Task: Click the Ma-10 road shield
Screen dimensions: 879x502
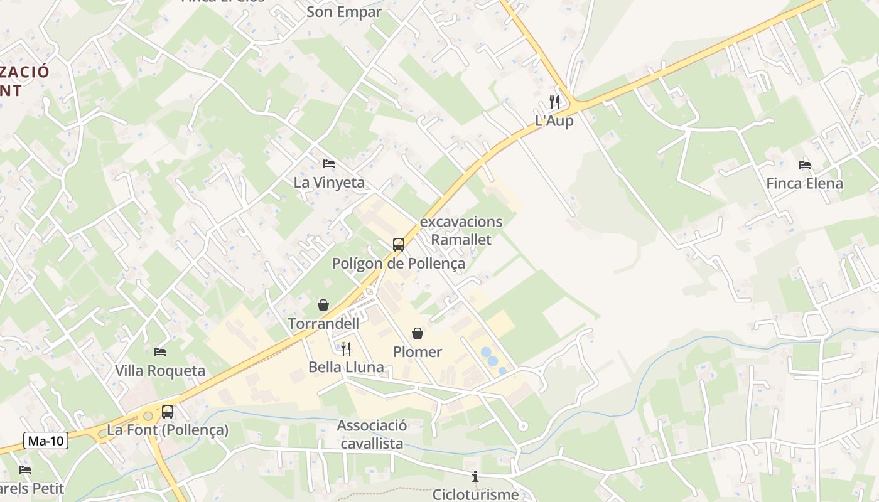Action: [46, 441]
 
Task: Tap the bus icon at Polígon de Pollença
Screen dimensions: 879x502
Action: [399, 245]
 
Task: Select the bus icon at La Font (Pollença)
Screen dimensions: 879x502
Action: [168, 412]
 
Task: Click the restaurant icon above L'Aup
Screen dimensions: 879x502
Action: [554, 102]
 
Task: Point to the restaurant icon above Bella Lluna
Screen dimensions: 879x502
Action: [346, 348]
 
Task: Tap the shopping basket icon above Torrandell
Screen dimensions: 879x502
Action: [323, 305]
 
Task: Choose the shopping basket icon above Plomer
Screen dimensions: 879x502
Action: [418, 333]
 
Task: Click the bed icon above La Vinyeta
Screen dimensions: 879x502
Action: [329, 164]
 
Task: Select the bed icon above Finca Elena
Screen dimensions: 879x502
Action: [805, 165]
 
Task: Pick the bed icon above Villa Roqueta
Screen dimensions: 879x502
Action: [160, 352]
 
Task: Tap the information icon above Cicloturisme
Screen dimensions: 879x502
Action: [475, 477]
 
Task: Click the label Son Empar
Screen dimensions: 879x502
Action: [344, 12]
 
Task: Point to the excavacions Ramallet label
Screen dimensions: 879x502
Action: [461, 230]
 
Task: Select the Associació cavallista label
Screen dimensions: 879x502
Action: [372, 434]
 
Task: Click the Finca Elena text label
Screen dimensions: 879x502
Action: [805, 184]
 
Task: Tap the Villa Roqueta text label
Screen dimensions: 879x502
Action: [160, 371]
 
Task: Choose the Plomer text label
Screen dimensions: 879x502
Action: [418, 352]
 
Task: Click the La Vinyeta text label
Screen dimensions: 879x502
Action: [329, 183]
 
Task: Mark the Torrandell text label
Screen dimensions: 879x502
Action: [323, 324]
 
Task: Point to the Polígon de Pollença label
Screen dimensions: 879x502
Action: [399, 264]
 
